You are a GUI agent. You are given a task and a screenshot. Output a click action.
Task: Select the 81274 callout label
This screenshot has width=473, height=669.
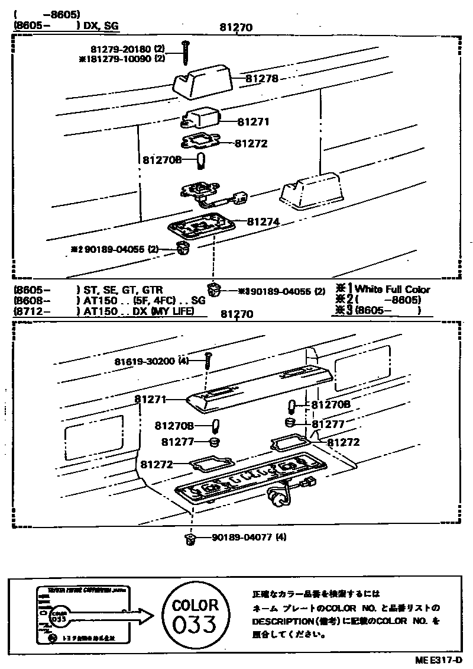[x=263, y=221]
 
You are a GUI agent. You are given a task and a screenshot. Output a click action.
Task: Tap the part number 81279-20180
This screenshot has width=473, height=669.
[x=122, y=48]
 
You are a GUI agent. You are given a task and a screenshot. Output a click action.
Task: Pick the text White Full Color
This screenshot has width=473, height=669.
[x=393, y=290]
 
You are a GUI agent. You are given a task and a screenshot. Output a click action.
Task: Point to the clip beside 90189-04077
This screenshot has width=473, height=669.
[x=190, y=538]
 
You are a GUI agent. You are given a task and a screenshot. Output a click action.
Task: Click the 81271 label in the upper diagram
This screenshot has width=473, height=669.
[x=254, y=122]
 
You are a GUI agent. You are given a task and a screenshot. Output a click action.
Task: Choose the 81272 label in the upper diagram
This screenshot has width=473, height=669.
[x=251, y=143]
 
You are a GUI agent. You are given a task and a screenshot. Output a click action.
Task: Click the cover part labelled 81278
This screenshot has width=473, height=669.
[x=200, y=81]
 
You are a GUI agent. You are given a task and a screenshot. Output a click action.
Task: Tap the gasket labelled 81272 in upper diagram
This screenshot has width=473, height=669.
[x=202, y=142]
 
